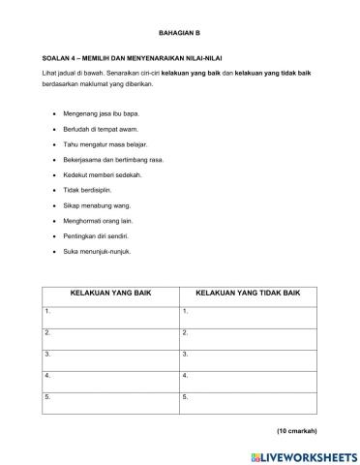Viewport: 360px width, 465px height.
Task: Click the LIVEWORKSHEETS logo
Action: click(304, 454)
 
